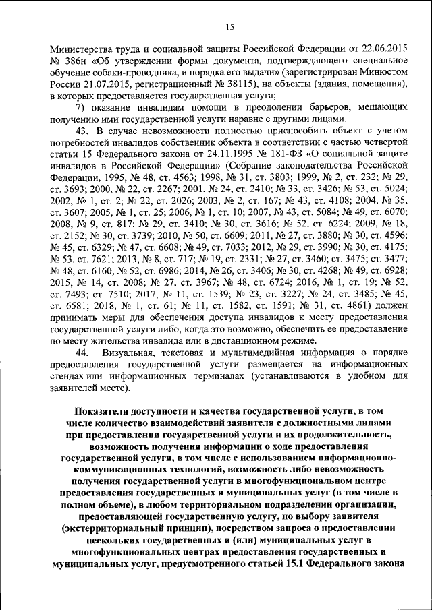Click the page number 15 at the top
tap(229, 27)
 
